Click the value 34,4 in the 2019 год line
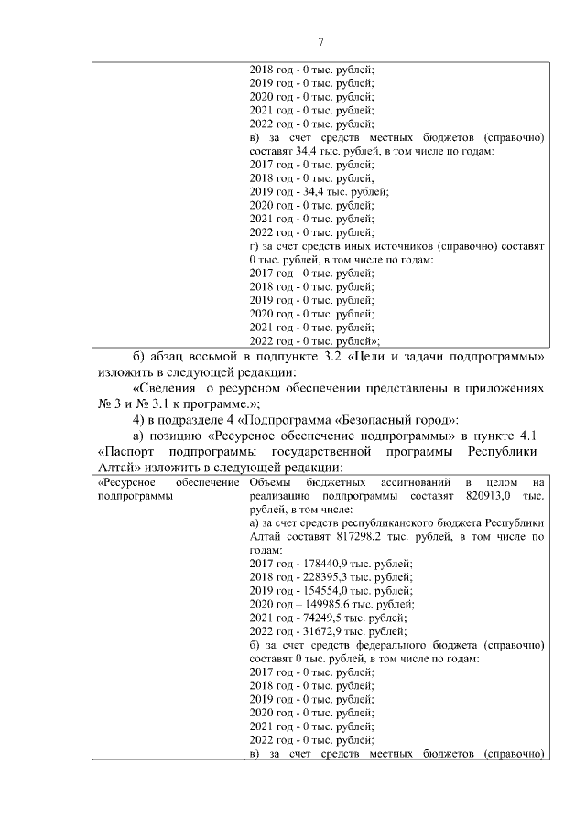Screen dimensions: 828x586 point(315,192)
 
